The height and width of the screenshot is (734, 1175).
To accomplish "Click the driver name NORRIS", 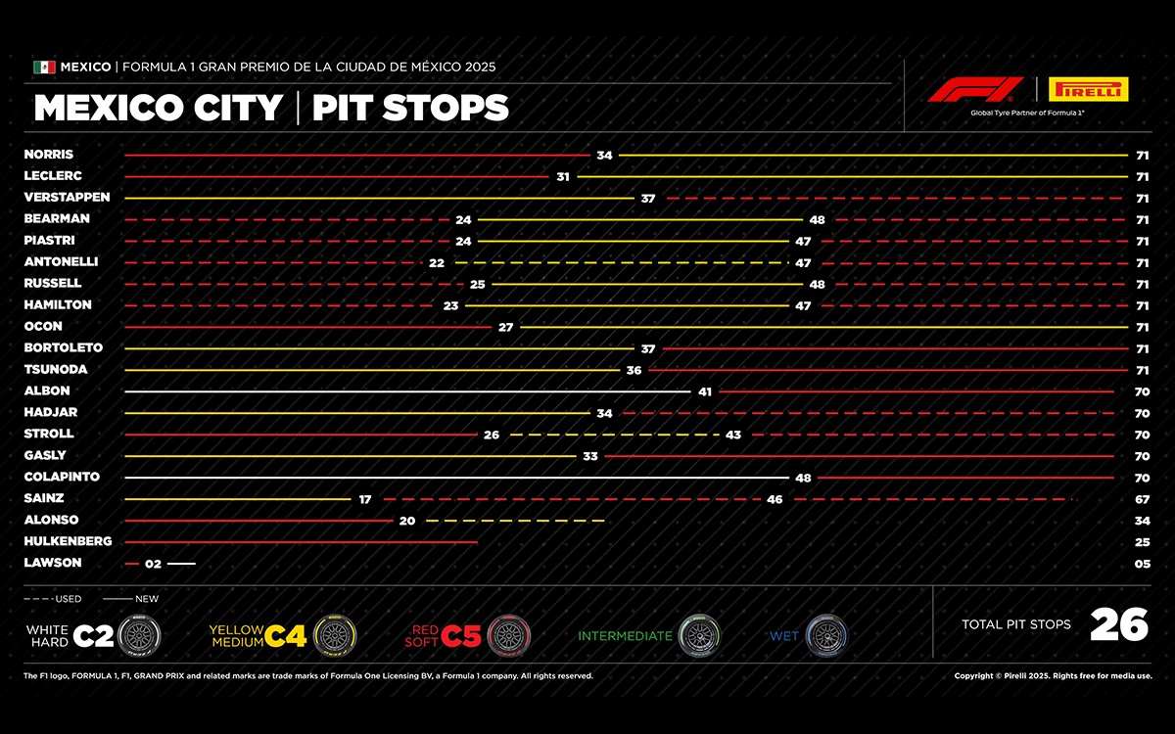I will (x=49, y=155).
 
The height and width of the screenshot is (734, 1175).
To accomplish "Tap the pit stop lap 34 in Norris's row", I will (x=604, y=156).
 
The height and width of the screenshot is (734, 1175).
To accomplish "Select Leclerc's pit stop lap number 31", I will (x=563, y=177).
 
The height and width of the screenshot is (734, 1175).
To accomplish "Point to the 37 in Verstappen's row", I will (x=647, y=199).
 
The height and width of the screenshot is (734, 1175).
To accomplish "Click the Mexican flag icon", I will (x=44, y=68).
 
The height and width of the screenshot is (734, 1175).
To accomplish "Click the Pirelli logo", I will (x=1088, y=90).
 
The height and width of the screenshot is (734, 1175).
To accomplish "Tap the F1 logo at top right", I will (x=976, y=90).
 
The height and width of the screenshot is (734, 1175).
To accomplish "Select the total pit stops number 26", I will (x=1119, y=624).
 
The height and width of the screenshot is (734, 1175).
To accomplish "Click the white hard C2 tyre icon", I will (x=138, y=636).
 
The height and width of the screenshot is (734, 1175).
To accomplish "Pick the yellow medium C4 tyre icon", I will (x=335, y=636).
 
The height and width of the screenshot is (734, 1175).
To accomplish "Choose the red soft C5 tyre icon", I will (x=508, y=636).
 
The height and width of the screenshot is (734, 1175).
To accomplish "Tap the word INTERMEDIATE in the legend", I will (x=625, y=636).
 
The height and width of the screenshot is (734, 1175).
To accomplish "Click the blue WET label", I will (x=784, y=636).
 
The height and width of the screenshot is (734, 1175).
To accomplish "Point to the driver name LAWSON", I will (x=53, y=563).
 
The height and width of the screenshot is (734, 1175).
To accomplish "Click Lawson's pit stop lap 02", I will (x=153, y=564).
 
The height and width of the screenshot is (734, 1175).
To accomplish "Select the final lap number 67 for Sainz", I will (x=1142, y=499).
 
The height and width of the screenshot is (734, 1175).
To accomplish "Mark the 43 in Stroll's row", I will (x=733, y=435).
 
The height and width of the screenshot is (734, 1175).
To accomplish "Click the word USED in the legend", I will (x=69, y=599).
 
